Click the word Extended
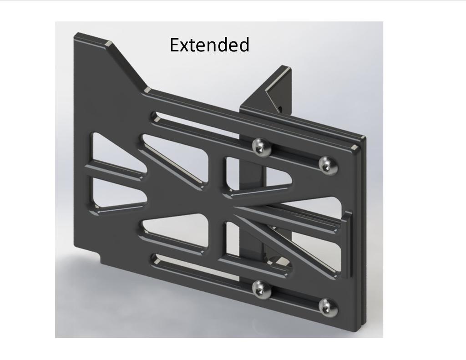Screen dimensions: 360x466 coord(209,45)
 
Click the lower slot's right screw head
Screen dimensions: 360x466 coord(328,308)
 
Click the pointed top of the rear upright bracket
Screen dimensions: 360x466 coord(286,69)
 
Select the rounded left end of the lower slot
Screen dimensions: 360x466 coord(156,259)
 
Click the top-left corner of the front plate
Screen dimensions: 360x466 coord(77,35)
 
